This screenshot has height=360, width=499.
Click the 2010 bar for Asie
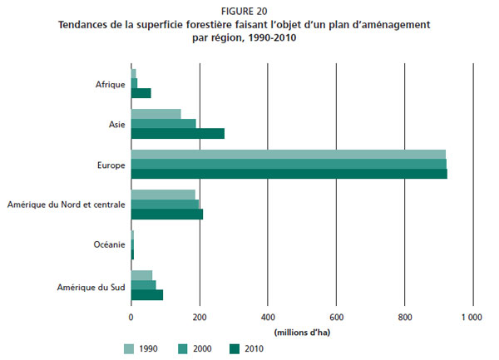(178, 133)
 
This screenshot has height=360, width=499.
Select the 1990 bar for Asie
(156, 114)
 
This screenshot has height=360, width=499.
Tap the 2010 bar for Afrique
(141, 93)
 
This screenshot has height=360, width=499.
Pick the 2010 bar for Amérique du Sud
(147, 294)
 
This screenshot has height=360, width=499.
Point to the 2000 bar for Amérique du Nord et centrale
(165, 205)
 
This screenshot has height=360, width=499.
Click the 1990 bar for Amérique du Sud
(141, 275)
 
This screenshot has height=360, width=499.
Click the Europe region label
(111, 165)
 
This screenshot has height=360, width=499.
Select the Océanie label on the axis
(109, 244)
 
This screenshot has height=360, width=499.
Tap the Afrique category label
(110, 84)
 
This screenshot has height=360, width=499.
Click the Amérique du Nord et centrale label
(66, 205)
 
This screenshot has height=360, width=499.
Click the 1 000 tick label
(472, 317)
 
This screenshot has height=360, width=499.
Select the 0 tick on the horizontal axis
(131, 317)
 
